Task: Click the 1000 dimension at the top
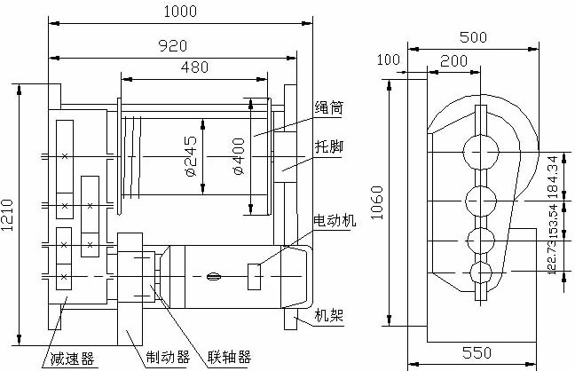(180, 12)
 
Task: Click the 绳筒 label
(329, 108)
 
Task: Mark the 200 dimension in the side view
(455, 60)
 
